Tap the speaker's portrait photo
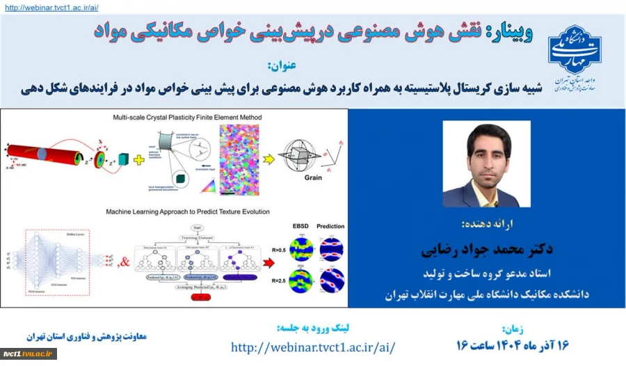click(x=486, y=165)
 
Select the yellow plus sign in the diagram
click(x=139, y=159)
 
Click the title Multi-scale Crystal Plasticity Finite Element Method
click(x=188, y=118)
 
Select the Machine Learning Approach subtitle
click(x=187, y=211)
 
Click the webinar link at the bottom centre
click(x=313, y=346)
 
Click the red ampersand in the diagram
click(x=125, y=262)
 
